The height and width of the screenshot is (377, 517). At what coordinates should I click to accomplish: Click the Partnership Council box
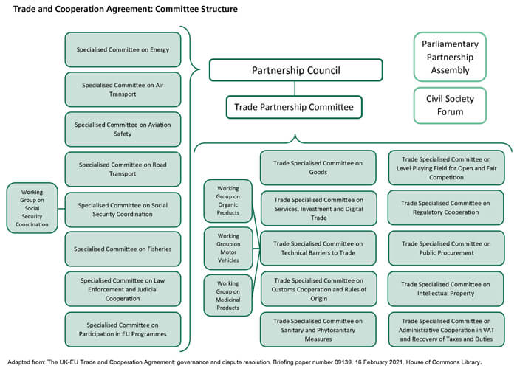pos(295,70)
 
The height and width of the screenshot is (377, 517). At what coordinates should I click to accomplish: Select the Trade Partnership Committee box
pos(294,107)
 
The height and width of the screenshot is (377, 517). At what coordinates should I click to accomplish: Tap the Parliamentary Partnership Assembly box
pos(450,56)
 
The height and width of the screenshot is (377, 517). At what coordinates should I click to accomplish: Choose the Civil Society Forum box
pos(450,105)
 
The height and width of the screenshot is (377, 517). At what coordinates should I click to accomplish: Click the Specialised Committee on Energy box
pos(123,49)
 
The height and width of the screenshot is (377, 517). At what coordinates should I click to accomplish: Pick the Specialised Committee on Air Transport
pos(123,89)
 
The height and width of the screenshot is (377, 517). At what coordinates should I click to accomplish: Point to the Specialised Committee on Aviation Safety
pos(123,129)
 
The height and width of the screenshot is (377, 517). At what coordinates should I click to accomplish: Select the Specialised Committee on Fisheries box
pos(123,249)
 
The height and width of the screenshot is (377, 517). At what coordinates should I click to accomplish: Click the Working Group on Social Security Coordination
pos(32,209)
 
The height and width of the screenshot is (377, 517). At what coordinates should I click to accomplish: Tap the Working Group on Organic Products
pos(228,201)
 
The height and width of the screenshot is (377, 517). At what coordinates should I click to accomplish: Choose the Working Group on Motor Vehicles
pos(228,249)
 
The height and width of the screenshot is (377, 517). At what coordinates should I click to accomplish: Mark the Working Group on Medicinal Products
pos(228,295)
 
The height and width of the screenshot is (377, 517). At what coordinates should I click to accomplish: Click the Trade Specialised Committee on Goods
pos(318,167)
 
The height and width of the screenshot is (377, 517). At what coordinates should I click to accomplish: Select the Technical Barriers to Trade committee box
pos(318,249)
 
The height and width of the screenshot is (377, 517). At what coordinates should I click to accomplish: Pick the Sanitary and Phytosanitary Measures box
pos(318,329)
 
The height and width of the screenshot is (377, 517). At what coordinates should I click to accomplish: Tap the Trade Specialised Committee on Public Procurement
pos(446,249)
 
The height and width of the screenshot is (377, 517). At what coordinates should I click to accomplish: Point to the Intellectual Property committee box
pos(446,288)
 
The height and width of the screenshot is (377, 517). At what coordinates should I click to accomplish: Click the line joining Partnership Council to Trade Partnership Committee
pos(295,88)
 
